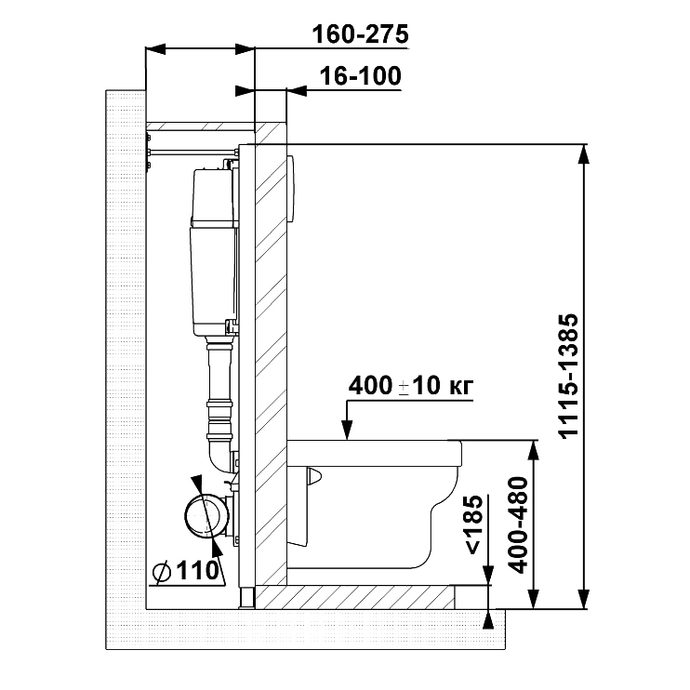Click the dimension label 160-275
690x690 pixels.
[x=361, y=34]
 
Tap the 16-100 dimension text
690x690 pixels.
[x=361, y=75]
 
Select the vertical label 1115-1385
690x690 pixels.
[x=568, y=376]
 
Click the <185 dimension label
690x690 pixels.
[x=474, y=524]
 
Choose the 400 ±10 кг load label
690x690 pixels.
[x=411, y=386]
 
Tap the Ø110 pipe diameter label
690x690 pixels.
[x=185, y=571]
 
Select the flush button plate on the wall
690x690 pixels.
[x=291, y=188]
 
